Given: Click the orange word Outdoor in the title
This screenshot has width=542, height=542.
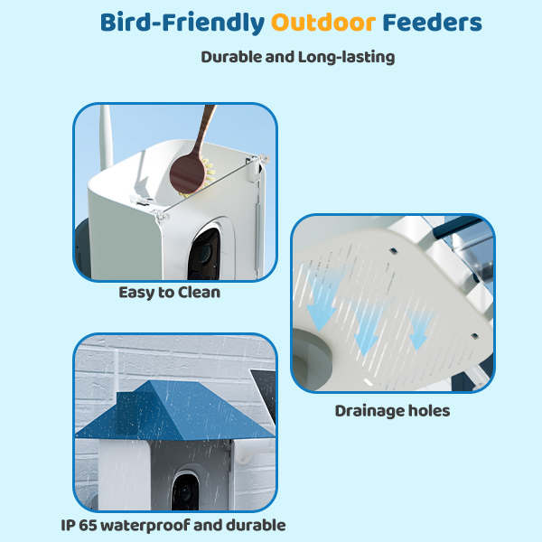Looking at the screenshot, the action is click(x=323, y=23).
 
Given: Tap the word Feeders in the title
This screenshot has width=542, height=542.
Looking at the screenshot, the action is click(x=432, y=23).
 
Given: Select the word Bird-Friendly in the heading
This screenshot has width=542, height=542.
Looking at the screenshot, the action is click(x=182, y=23).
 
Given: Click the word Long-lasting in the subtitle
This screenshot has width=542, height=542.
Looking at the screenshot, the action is click(x=346, y=58).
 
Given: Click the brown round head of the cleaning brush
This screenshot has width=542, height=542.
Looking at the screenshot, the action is click(x=187, y=173).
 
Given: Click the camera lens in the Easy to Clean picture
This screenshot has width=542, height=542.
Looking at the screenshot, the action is click(x=205, y=253).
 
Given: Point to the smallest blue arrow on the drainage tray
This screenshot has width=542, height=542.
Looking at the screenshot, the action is click(x=419, y=331).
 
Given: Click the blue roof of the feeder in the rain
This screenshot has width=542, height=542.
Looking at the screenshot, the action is click(x=174, y=411).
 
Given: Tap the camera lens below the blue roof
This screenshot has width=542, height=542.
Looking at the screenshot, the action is click(x=185, y=491).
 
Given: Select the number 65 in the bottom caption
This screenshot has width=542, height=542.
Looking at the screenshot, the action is click(x=89, y=525).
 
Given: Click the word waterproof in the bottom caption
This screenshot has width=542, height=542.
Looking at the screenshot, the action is click(x=145, y=526).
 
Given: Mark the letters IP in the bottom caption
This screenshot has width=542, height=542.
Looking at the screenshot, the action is click(x=68, y=525).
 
